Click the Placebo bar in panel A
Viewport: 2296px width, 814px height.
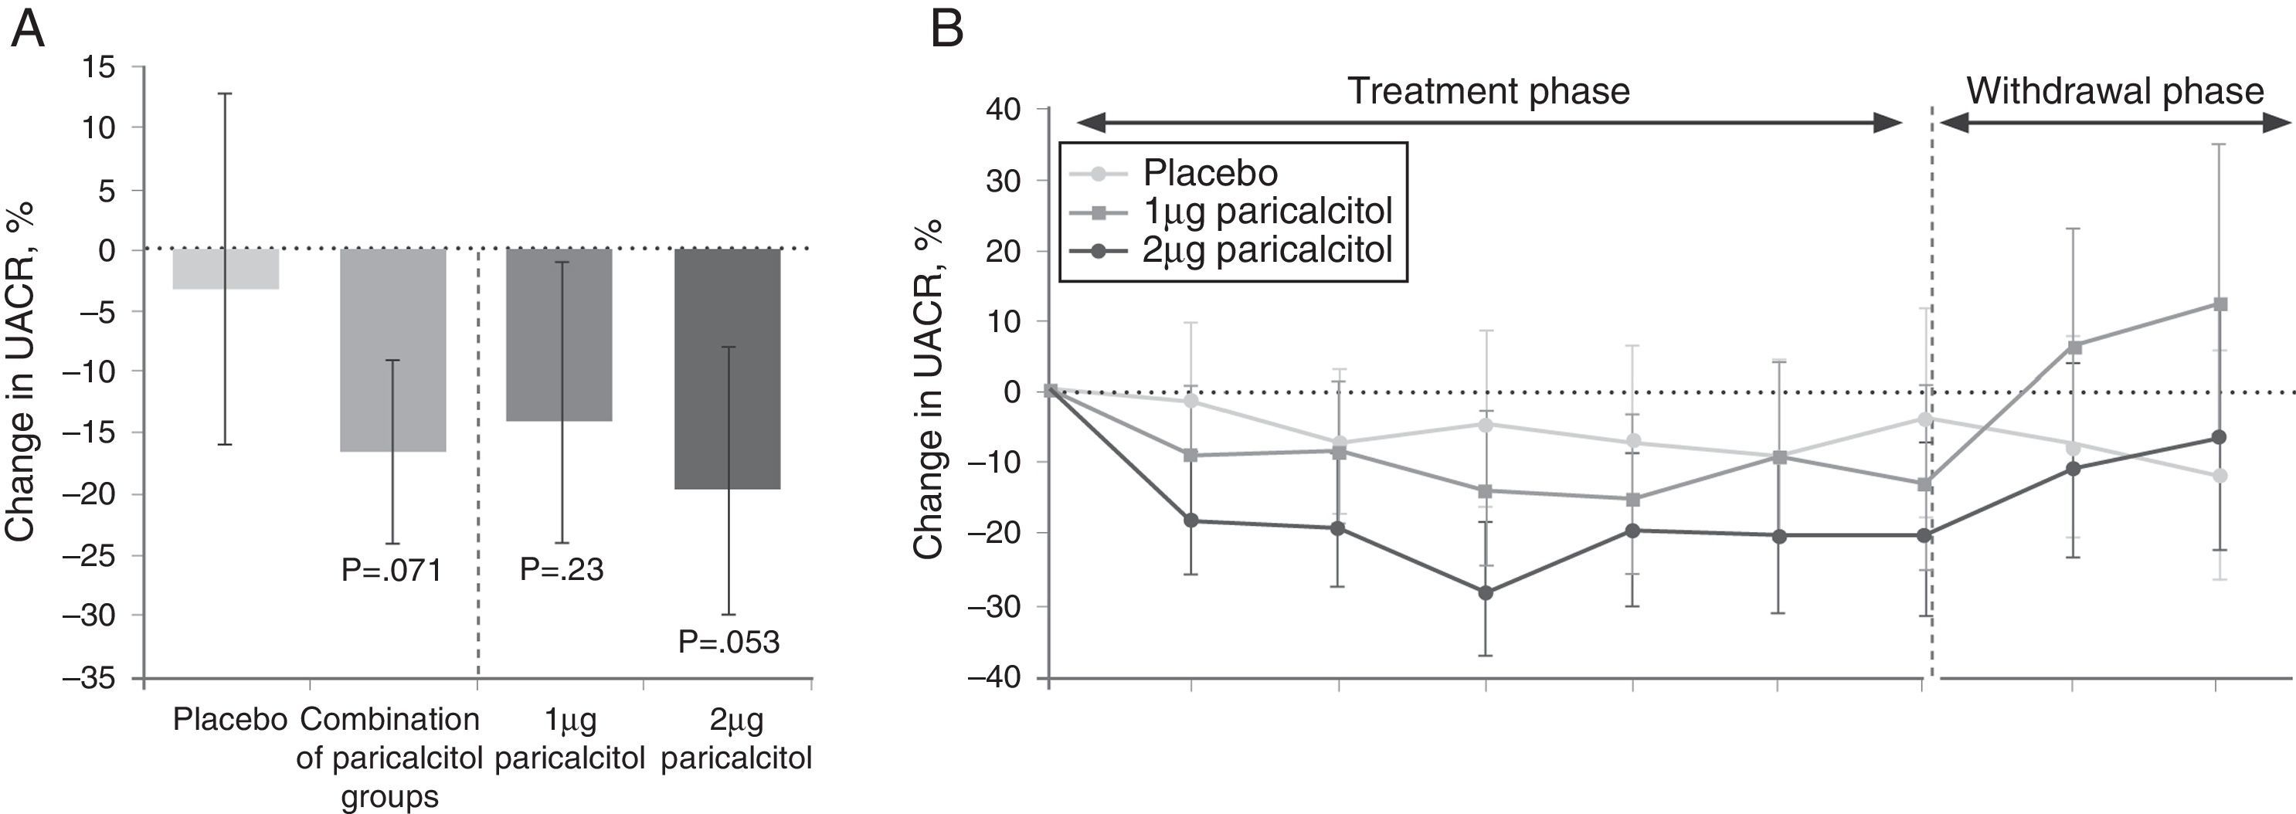[x=226, y=269]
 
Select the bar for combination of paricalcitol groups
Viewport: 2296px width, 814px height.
[x=392, y=350]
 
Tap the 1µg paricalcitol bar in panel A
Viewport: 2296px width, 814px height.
[x=559, y=335]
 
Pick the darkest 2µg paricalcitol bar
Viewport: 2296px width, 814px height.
[x=726, y=368]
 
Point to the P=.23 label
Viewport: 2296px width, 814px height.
[x=562, y=569]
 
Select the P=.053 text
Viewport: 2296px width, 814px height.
[x=729, y=642]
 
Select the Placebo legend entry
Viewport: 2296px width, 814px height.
[x=1210, y=173]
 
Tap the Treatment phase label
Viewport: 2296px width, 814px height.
[x=1488, y=92]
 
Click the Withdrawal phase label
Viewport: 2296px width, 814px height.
[x=2114, y=92]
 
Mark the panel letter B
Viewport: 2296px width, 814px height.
[x=946, y=30]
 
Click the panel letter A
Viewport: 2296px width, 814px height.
[x=27, y=30]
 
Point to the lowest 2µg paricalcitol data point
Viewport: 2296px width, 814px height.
[x=1486, y=592]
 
